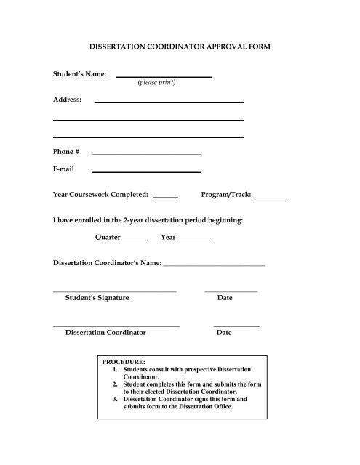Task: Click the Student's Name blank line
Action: [164, 76]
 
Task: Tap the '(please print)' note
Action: [156, 83]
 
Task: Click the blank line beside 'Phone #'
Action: [145, 154]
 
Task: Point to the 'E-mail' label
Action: [64, 169]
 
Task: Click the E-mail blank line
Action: [145, 171]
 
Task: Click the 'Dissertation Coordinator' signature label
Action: [105, 332]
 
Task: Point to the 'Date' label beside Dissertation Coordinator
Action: [224, 332]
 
